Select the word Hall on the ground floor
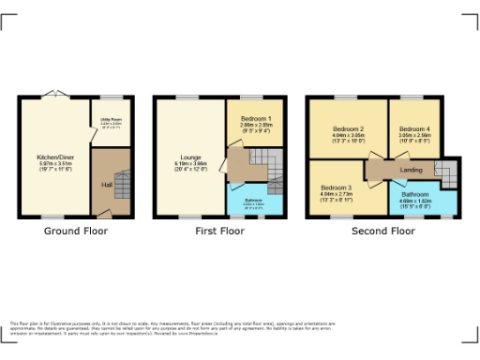point(106,184)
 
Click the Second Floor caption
point(382,230)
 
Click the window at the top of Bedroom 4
point(412,97)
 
